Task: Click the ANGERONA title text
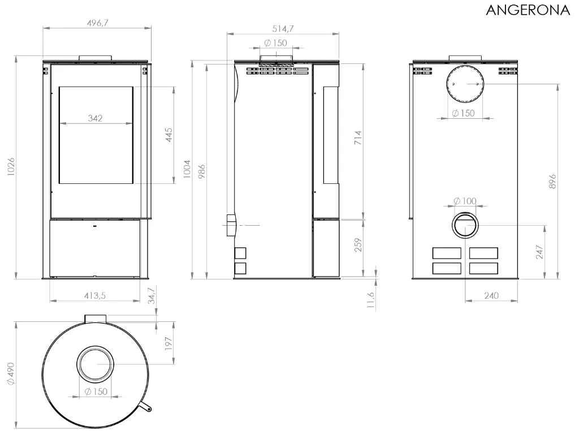click(528, 10)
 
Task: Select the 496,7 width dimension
click(97, 23)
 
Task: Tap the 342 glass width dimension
click(95, 118)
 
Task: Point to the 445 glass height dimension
click(168, 135)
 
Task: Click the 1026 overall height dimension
click(11, 167)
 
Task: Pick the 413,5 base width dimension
click(95, 296)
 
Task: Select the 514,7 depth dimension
click(283, 29)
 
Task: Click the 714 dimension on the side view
click(358, 137)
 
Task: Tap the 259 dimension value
click(358, 245)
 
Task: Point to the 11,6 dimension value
click(371, 300)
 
